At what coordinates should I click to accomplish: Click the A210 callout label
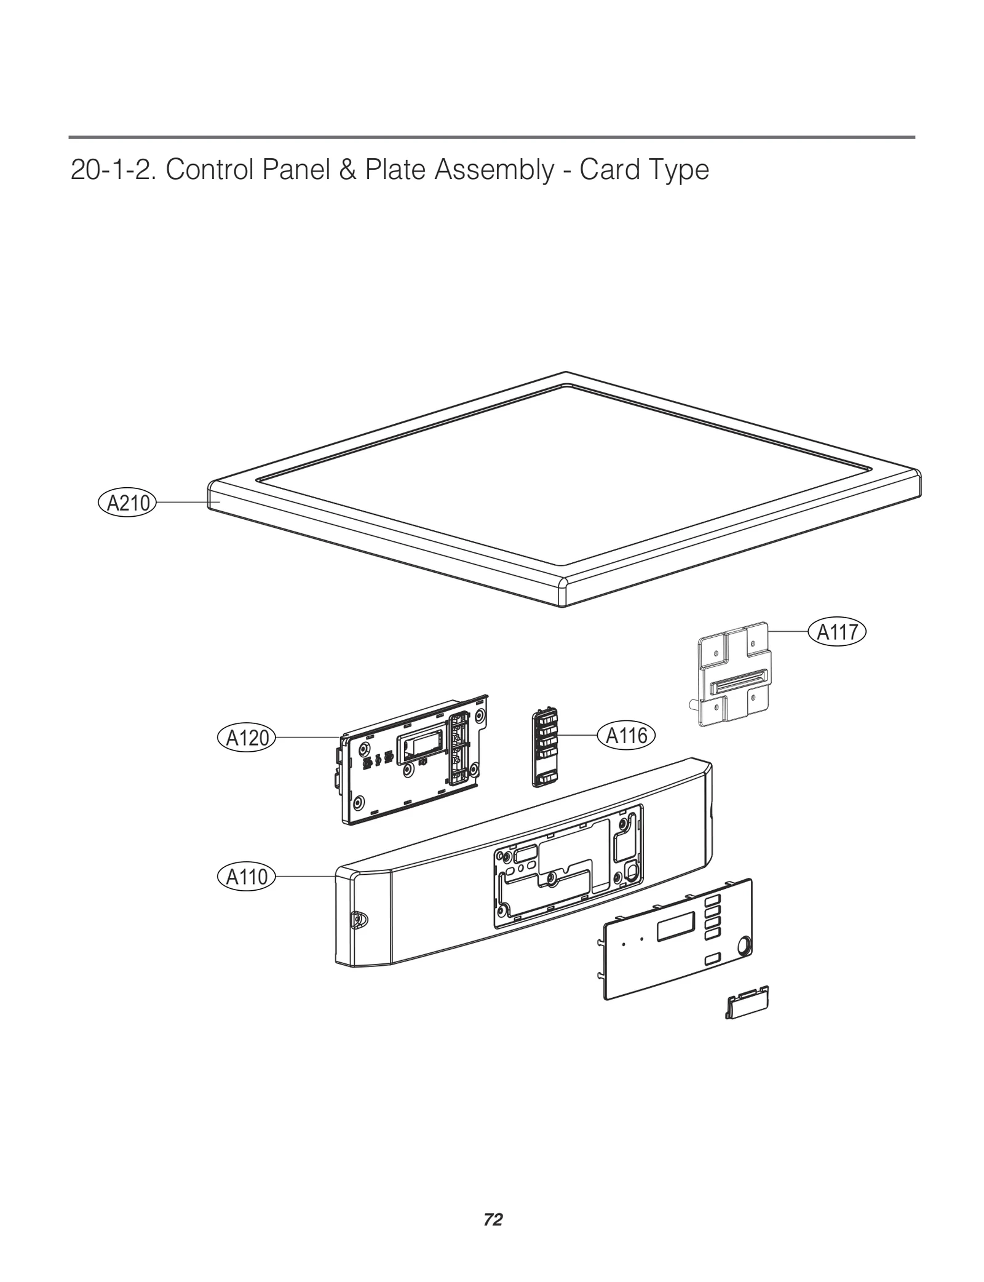tap(127, 503)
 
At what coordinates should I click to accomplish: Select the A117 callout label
tap(837, 632)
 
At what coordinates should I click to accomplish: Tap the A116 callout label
tap(627, 735)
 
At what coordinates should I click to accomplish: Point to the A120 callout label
tap(247, 737)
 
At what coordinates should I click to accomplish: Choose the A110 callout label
tap(247, 876)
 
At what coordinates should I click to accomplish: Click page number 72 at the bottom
tap(493, 1219)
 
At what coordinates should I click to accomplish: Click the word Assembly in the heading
tap(494, 170)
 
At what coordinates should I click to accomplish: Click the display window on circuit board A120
tap(419, 746)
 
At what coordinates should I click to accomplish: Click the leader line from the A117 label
tap(788, 632)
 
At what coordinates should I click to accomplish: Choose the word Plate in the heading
tap(397, 170)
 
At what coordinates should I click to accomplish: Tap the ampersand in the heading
tap(347, 170)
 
